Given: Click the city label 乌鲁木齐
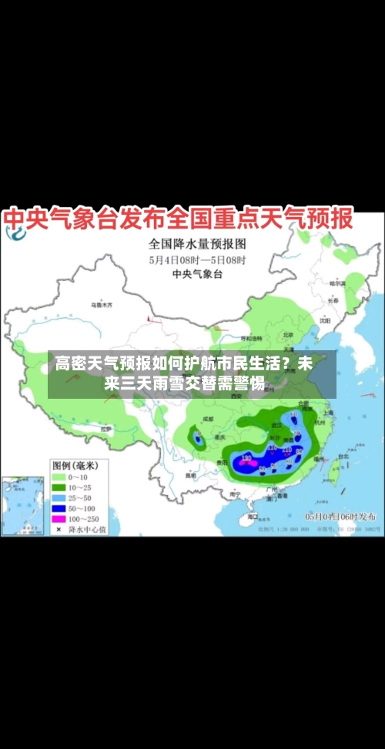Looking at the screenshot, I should click(x=102, y=306).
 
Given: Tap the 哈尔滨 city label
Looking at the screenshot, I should click(x=336, y=283).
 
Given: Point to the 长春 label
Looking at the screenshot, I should click(x=333, y=301).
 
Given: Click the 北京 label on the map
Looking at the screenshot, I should click(x=288, y=335).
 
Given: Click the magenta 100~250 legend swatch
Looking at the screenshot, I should click(x=59, y=520).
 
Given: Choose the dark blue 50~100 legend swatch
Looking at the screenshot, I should click(x=59, y=509).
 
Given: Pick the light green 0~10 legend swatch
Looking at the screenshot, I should click(x=59, y=476).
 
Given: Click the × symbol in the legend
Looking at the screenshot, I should click(x=59, y=530).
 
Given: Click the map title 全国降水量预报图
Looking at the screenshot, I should click(x=196, y=246).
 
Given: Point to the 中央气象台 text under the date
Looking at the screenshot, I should click(x=196, y=274).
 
